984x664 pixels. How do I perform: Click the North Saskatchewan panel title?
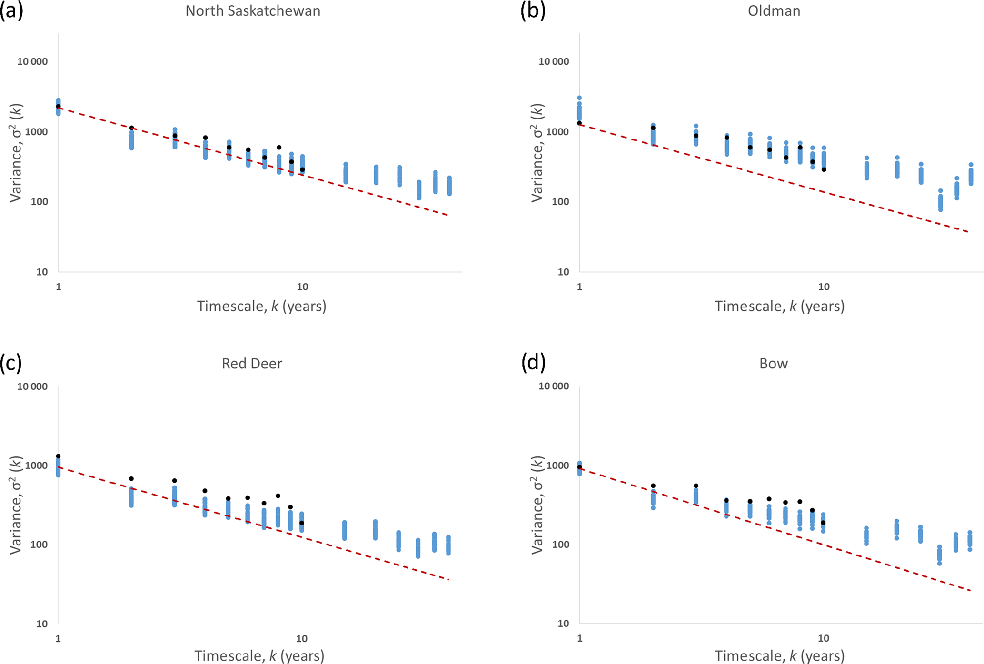pos(253,11)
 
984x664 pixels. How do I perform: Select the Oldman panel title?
pos(774,11)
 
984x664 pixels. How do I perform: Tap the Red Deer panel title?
pos(252,364)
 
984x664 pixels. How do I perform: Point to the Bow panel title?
pos(774,364)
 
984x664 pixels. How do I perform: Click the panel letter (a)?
pos(11,10)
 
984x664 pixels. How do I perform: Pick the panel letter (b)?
pos(533,10)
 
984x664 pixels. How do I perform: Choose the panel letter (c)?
pos(11,363)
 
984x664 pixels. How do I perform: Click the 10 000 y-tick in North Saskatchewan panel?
pos(32,62)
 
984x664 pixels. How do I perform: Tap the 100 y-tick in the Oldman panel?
pos(560,202)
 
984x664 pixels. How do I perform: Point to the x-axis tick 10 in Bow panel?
pos(823,638)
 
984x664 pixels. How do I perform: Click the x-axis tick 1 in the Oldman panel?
pos(579,287)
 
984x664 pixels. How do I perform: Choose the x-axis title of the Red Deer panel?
pos(259,656)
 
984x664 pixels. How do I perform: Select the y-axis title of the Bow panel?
pos(537,505)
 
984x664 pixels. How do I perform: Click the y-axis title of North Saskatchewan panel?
pos(16,152)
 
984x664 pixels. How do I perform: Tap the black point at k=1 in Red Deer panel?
pos(58,456)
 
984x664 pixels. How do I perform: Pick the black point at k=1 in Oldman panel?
pos(579,123)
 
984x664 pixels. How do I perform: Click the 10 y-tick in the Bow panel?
pos(563,624)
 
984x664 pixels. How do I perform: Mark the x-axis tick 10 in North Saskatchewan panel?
pos(302,287)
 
